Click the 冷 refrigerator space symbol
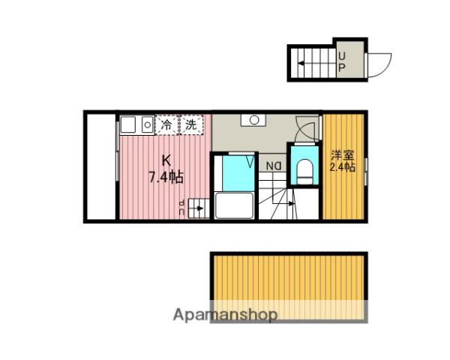pyautogui.click(x=166, y=124)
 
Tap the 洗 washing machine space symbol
pyautogui.click(x=191, y=124)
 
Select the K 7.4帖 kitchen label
pyautogui.click(x=166, y=169)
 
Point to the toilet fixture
pyautogui.click(x=304, y=172)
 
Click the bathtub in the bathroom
pyautogui.click(x=234, y=205)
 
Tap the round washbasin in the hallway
pyautogui.click(x=254, y=120)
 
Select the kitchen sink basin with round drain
pyautogui.click(x=148, y=124)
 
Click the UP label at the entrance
pyautogui.click(x=341, y=62)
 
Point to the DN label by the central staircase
pyautogui.click(x=274, y=166)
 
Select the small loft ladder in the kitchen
pyautogui.click(x=199, y=208)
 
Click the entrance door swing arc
pyautogui.click(x=382, y=65)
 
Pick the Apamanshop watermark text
pyautogui.click(x=225, y=315)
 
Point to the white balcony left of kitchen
pyautogui.click(x=101, y=166)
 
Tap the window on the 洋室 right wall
pyautogui.click(x=366, y=172)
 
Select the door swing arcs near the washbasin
pyautogui.click(x=307, y=128)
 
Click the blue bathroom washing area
pyautogui.click(x=238, y=173)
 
